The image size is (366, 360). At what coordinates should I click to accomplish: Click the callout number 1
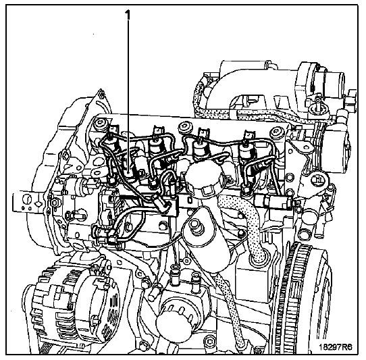coord(128,16)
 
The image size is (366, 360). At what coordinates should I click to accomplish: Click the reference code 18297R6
coord(336,347)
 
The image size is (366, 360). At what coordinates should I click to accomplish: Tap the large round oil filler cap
coord(203,179)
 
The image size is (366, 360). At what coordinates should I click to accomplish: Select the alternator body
coord(70,311)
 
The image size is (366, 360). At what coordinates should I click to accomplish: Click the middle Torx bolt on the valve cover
coord(185,127)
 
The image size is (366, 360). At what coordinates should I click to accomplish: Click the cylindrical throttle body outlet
coord(336,79)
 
